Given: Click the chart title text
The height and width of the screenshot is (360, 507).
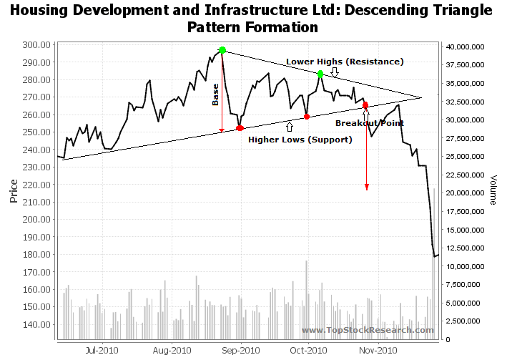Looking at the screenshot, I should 252,19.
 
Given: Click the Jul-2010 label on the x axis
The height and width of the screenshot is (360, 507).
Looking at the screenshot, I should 102,351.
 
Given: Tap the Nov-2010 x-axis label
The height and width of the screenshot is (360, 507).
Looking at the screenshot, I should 378,351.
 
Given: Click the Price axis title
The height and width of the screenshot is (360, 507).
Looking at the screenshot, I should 14,191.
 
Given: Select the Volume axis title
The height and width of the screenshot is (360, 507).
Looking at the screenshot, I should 493,190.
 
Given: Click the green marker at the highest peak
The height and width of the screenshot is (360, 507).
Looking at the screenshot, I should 222,50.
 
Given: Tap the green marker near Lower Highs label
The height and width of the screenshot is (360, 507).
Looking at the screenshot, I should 320,74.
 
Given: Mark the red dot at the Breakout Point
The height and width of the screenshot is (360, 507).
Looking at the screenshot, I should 365,105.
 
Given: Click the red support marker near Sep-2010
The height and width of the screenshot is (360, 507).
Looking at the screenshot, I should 240,128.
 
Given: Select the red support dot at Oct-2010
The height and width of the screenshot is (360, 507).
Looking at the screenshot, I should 307,117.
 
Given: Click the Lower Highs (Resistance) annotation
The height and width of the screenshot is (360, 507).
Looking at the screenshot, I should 345,62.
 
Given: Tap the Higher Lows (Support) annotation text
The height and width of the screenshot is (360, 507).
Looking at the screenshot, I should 300,140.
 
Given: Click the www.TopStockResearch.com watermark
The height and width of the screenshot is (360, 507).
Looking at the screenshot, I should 367,330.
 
